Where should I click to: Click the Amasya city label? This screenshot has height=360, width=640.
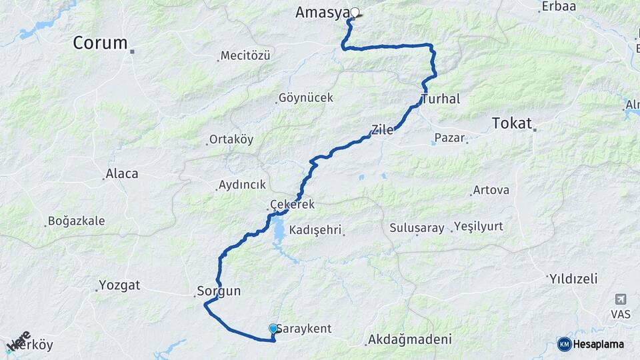[322, 13]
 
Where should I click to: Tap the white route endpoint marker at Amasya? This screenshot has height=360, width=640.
[355, 12]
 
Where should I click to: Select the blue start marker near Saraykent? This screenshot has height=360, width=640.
[273, 328]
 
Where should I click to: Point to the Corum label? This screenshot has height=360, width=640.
[100, 43]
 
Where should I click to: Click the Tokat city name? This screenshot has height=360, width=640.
[511, 123]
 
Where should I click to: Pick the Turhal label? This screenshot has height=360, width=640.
[441, 99]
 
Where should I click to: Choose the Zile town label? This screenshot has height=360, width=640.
[382, 130]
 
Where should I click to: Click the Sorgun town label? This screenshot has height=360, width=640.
[219, 291]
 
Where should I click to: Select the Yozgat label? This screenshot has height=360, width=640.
[119, 285]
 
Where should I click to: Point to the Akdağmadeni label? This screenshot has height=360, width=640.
[409, 339]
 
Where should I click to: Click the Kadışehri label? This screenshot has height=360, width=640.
[315, 229]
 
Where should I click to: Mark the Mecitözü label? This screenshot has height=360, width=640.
[245, 56]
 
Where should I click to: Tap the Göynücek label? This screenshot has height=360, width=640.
[305, 98]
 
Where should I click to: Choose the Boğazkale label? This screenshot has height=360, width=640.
[76, 221]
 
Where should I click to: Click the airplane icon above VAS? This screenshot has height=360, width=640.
[621, 299]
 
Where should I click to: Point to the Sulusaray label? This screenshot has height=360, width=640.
[417, 228]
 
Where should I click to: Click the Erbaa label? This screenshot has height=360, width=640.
[555, 7]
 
